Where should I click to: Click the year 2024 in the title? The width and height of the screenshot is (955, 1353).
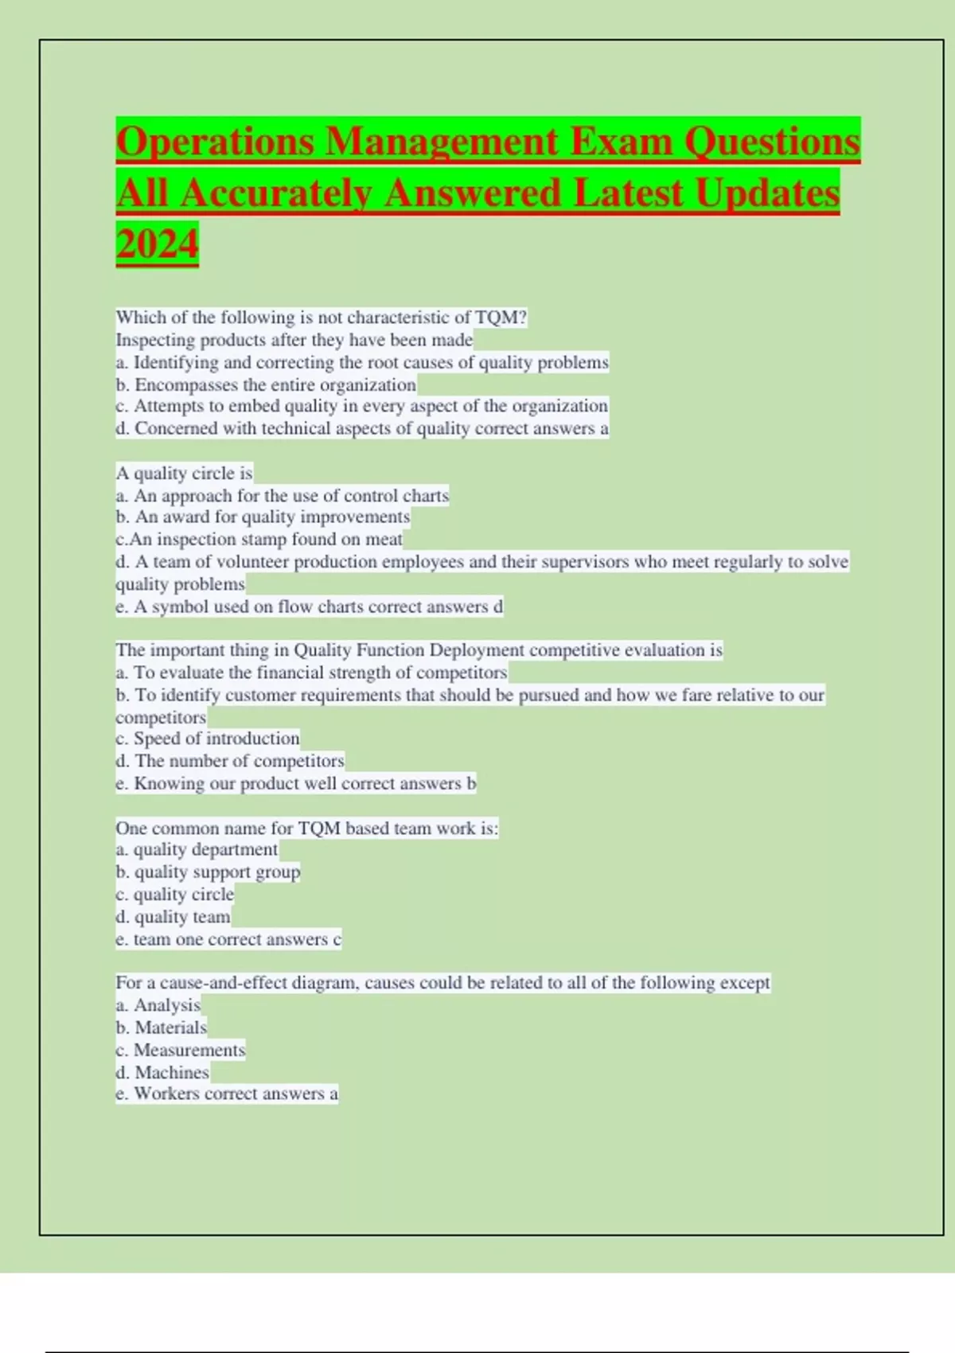(x=157, y=244)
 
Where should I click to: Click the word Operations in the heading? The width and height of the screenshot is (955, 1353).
(x=217, y=142)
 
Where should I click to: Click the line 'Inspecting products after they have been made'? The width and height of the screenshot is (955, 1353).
(x=294, y=340)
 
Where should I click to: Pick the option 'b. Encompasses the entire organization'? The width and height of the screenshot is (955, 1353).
(x=266, y=384)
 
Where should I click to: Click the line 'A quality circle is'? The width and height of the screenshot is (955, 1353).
(x=184, y=473)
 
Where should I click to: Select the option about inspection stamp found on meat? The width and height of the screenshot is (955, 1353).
(x=259, y=539)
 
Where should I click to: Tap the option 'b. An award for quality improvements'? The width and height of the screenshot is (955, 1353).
(x=263, y=517)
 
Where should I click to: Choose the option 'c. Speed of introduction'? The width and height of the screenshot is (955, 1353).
(x=208, y=738)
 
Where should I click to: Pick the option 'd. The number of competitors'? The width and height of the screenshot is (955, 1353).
(x=230, y=760)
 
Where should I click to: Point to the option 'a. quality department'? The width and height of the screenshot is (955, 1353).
(x=197, y=849)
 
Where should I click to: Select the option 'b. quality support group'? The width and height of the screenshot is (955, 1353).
(x=208, y=871)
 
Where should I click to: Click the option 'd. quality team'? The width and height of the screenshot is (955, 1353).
(x=173, y=917)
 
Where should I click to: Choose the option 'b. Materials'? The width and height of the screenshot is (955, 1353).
(x=161, y=1027)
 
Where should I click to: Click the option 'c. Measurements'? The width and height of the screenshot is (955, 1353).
(x=180, y=1050)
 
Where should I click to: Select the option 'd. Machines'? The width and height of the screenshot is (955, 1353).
(x=162, y=1072)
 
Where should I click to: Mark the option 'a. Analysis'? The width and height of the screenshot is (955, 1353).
(x=158, y=1005)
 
